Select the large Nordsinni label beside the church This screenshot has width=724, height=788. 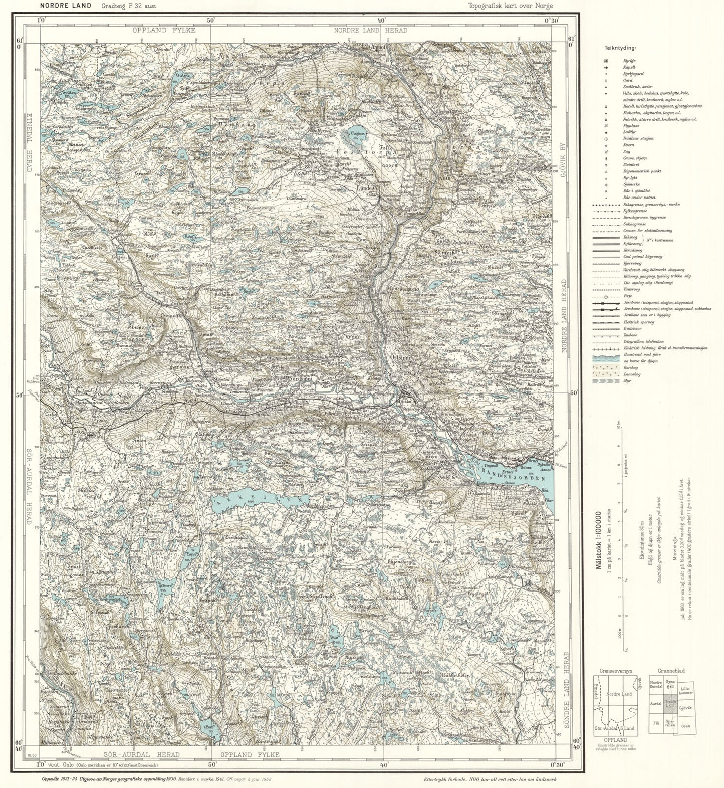click(303, 379)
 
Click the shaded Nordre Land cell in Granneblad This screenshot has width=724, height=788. click(670, 707)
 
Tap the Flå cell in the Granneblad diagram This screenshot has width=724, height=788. click(656, 723)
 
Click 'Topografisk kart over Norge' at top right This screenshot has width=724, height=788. click(511, 6)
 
